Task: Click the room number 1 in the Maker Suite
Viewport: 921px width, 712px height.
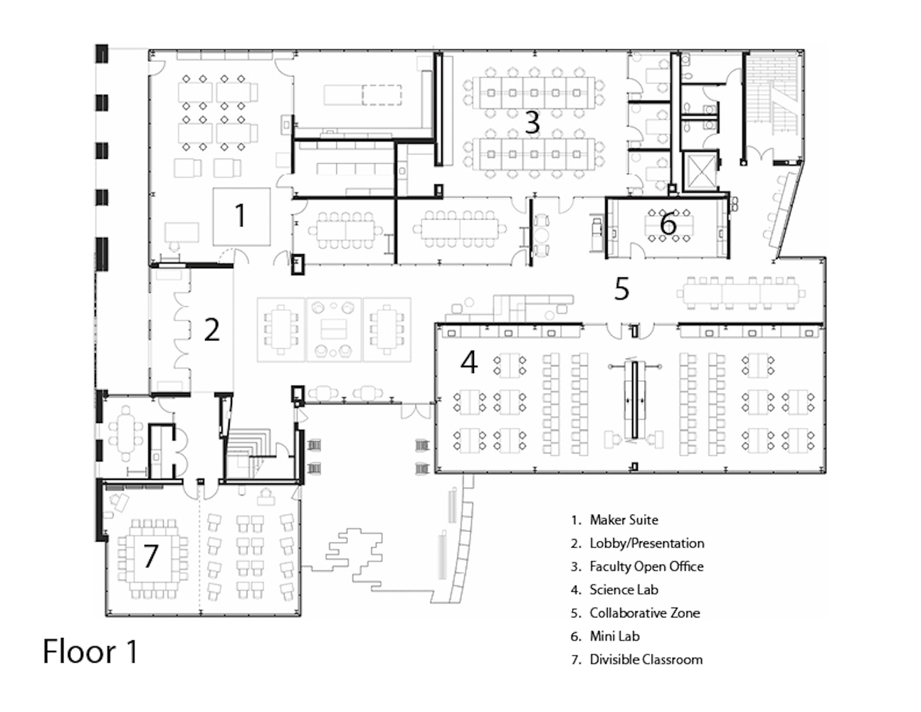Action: click(240, 215)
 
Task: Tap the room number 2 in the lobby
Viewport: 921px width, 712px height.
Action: click(212, 330)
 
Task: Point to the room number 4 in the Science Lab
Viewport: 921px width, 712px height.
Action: click(469, 362)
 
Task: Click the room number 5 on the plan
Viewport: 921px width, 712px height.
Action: click(622, 289)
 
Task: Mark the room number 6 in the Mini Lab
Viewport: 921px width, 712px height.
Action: click(668, 224)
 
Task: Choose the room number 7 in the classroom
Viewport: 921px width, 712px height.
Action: click(151, 555)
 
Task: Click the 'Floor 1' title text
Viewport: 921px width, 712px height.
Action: click(90, 651)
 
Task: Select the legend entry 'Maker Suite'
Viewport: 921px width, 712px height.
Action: click(624, 520)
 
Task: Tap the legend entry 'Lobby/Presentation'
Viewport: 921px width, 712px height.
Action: click(647, 543)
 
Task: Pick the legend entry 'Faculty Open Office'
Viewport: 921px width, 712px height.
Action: click(646, 567)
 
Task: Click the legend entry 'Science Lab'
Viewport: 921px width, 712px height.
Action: click(624, 590)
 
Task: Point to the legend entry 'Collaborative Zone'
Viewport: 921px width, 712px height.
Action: click(645, 613)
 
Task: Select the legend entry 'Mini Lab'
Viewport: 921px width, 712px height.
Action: click(614, 637)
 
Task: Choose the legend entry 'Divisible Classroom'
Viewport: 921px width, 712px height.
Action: click(646, 660)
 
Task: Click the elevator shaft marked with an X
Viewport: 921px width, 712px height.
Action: click(700, 171)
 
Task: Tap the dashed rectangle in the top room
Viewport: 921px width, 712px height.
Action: click(382, 95)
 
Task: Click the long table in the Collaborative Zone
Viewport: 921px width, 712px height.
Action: click(741, 293)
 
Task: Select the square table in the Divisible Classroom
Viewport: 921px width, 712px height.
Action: click(153, 560)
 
